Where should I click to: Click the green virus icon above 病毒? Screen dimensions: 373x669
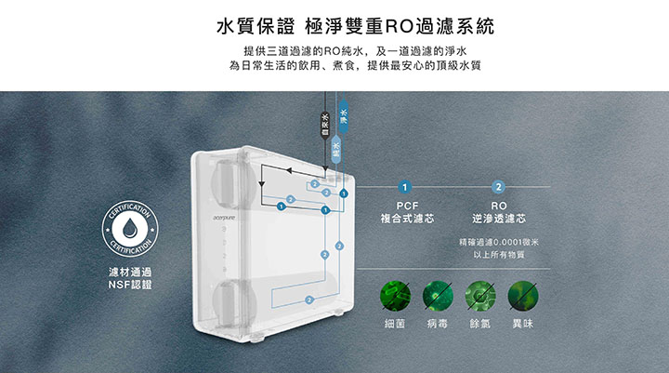coord(438,296)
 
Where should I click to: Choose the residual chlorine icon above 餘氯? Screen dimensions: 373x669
coord(480,296)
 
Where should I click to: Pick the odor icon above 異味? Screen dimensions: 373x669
coord(523,296)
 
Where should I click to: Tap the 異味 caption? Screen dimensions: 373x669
coord(523,324)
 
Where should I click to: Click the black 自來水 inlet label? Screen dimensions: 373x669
coord(324,122)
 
